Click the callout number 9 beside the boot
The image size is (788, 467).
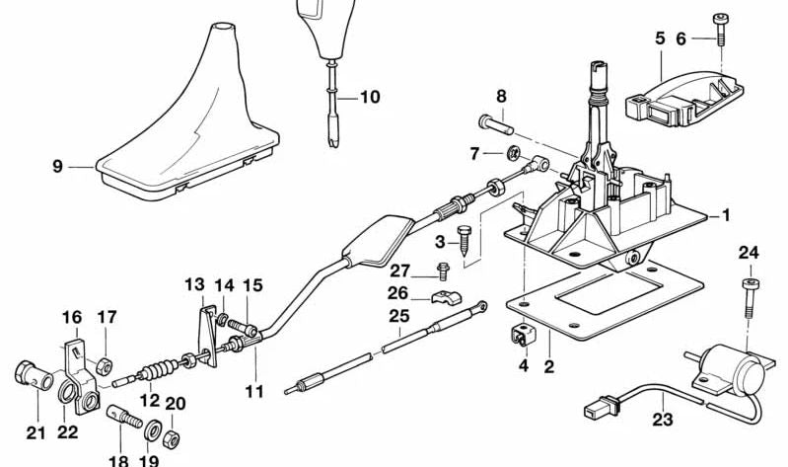57,167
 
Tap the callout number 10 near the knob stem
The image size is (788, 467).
369,97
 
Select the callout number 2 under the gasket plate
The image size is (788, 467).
549,366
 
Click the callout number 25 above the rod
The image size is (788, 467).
398,317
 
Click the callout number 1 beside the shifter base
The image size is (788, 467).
727,215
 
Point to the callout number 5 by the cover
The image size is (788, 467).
660,39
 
